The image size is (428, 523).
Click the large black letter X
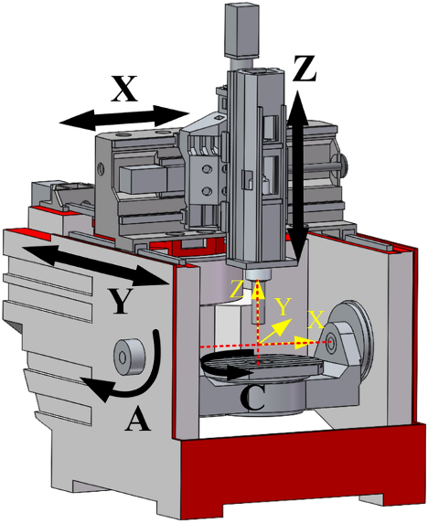tap(123, 89)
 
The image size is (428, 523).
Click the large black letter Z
tap(304, 69)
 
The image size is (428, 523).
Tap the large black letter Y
tap(121, 301)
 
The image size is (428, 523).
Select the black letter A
tap(137, 420)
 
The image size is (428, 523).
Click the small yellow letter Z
tap(237, 290)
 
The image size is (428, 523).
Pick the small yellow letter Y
tap(284, 306)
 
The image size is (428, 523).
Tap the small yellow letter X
tap(316, 320)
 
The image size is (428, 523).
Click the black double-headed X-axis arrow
tap(124, 118)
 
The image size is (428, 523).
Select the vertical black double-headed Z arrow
tap(297, 176)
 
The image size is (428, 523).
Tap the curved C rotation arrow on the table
tap(227, 364)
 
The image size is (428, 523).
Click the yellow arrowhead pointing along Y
tap(284, 326)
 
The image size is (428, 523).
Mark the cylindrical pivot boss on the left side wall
tap(130, 356)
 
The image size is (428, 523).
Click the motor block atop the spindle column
tap(241, 30)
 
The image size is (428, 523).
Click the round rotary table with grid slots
tap(262, 365)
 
